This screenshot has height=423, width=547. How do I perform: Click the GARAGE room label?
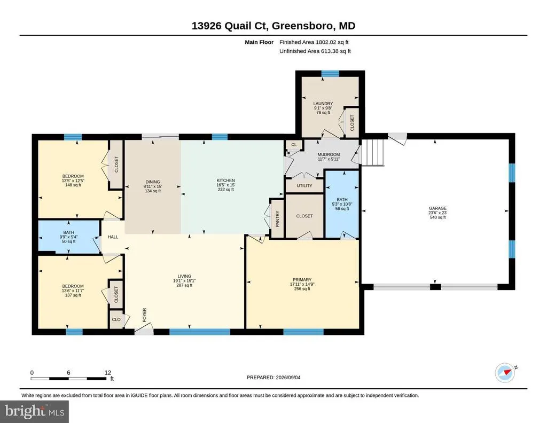pos(437,208)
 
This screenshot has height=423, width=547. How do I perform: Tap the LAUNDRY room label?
pos(323,104)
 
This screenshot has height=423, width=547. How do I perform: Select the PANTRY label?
pos(278,219)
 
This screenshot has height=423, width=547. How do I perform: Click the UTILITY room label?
pos(304,186)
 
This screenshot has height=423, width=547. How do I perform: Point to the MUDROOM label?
pos(329,154)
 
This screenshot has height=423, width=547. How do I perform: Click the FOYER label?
pos(144,315)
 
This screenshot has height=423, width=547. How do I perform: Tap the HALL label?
pos(113,237)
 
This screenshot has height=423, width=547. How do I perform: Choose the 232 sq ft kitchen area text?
pos(226,190)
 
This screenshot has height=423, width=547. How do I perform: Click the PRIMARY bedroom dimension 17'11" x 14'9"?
pos(302,284)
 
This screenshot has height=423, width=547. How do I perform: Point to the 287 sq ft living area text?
pos(184,285)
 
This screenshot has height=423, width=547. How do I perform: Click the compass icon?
pos(505,372)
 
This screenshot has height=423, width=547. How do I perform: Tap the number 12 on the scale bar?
pos(108,373)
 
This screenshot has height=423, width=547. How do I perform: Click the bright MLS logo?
pos(35,411)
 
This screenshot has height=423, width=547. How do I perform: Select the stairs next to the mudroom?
pos(372,153)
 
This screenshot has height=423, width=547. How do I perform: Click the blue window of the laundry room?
pos(330,74)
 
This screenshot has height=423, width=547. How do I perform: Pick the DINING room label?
pos(152,182)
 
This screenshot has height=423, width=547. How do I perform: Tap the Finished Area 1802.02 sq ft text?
pos(314,42)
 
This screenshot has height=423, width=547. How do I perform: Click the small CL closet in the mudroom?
pos(294,145)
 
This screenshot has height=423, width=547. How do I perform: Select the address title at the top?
pos(273,26)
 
